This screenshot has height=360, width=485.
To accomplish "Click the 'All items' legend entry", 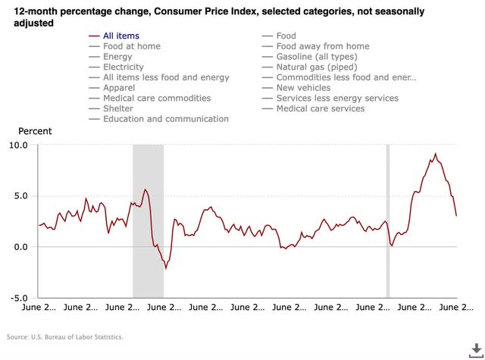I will (x=121, y=36).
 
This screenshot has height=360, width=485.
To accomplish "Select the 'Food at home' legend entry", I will (x=131, y=46).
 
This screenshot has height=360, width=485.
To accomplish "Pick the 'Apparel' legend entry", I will (x=120, y=88).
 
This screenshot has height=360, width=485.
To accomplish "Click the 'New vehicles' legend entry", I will (x=303, y=88).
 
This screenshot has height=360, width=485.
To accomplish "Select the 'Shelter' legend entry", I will (x=118, y=108).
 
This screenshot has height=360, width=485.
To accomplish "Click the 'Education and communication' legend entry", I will (x=165, y=119).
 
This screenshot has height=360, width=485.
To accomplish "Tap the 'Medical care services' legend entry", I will (x=320, y=108).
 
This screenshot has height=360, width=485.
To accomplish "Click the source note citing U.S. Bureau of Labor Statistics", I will (x=64, y=337).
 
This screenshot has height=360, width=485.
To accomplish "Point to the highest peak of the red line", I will (x=435, y=154).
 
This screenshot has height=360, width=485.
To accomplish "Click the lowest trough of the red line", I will (x=166, y=268).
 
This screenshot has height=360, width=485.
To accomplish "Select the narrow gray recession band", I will (x=388, y=220).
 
